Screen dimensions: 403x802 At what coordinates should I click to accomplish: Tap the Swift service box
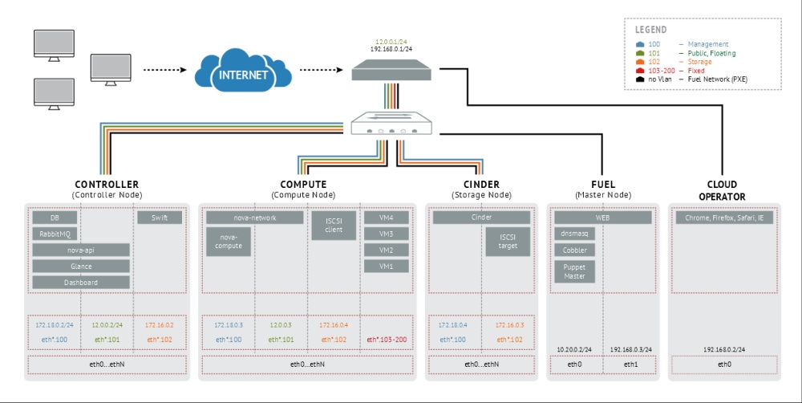coord(160,218)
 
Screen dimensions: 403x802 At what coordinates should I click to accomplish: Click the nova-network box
coord(254,218)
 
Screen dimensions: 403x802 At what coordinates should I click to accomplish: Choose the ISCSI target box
coord(508,242)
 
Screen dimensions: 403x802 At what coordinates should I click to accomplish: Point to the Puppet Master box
coord(575,271)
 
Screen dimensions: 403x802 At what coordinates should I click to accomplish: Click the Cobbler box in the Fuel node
coord(575,250)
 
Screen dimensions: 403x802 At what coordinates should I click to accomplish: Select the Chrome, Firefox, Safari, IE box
coord(724,218)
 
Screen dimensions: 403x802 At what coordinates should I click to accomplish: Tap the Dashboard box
coord(81,283)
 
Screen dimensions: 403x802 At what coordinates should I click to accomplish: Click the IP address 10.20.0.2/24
coord(574,350)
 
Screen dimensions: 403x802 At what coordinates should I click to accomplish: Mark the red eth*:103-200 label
coord(387,340)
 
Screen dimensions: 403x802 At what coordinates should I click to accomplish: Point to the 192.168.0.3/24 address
coord(630,350)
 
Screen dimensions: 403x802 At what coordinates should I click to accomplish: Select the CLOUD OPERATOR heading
coord(722,190)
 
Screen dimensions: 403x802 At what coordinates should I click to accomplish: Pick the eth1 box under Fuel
coord(630,364)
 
